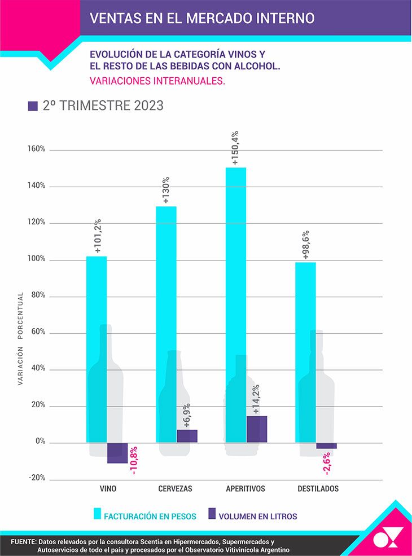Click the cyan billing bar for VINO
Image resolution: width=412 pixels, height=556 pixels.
[97, 349]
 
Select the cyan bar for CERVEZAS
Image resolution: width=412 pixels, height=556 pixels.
[166, 324]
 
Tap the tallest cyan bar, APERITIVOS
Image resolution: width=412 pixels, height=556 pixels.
[236, 305]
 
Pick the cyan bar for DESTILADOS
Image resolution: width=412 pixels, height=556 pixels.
[305, 352]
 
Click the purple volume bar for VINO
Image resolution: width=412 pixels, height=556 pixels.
[117, 453]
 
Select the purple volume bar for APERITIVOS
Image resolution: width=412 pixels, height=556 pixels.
[257, 430]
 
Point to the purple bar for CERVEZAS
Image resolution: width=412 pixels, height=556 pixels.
[187, 436]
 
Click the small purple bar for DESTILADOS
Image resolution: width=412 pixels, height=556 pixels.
[326, 445]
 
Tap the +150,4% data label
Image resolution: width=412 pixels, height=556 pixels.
[235, 148]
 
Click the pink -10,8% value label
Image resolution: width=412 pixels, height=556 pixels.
[134, 460]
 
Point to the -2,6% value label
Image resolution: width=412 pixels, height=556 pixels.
[327, 463]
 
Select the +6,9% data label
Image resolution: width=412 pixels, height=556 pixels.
[187, 415]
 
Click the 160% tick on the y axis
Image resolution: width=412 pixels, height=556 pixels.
[37, 149]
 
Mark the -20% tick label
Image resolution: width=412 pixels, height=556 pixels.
[37, 478]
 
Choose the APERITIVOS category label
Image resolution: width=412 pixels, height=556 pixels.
[246, 489]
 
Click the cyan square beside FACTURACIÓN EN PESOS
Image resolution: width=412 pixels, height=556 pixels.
[97, 514]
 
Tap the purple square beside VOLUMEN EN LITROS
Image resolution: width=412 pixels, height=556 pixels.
[212, 514]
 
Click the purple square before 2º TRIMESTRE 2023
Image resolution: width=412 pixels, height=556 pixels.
[33, 106]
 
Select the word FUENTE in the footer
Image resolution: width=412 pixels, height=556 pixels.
[23, 542]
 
